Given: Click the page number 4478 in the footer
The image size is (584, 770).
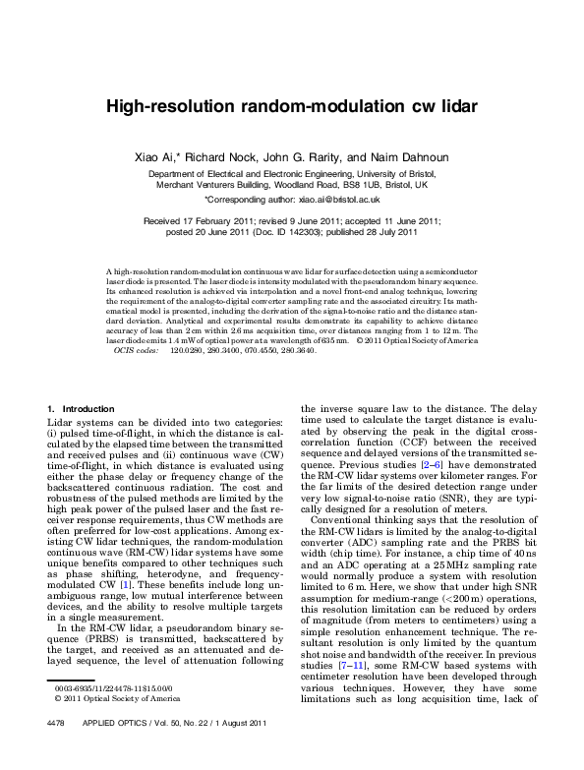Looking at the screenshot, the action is pos(58,751).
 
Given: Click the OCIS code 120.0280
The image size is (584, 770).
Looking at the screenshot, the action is pos(187,350).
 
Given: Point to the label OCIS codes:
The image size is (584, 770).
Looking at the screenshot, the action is pos(137,350).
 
